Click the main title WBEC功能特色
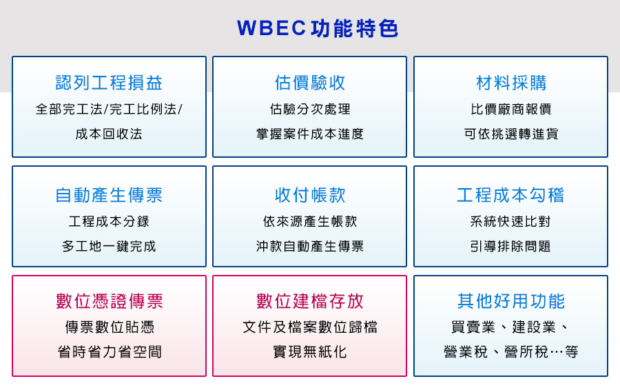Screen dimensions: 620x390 pos(318,28)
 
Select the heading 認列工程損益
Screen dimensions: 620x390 pos(109,83)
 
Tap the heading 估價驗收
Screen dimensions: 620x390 pos(310,83)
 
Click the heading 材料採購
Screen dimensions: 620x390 pos(511,83)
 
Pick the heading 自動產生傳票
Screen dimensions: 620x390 pos(109,195)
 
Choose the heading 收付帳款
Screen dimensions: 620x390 pos(310,195)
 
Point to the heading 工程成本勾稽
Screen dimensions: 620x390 pos(511,195)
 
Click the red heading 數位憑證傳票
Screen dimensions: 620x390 pos(109,301)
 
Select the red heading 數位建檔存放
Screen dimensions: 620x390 pos(310,301)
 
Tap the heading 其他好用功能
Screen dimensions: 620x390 pos(511,301)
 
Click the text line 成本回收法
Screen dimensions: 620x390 pos(109,134)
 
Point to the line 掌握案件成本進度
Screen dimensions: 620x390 pos(310,134)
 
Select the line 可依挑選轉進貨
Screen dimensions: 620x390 pos(511,134)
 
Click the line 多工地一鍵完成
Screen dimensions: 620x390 pos(109,247)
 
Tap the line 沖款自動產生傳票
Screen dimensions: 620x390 pos(310,247)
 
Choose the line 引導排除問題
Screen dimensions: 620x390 pos(510,247)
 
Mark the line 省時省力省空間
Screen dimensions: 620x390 pos(109,351)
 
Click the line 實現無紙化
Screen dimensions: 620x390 pos(310,351)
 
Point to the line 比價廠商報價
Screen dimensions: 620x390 pos(511,109)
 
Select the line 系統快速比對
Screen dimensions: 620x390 pos(510,221)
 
